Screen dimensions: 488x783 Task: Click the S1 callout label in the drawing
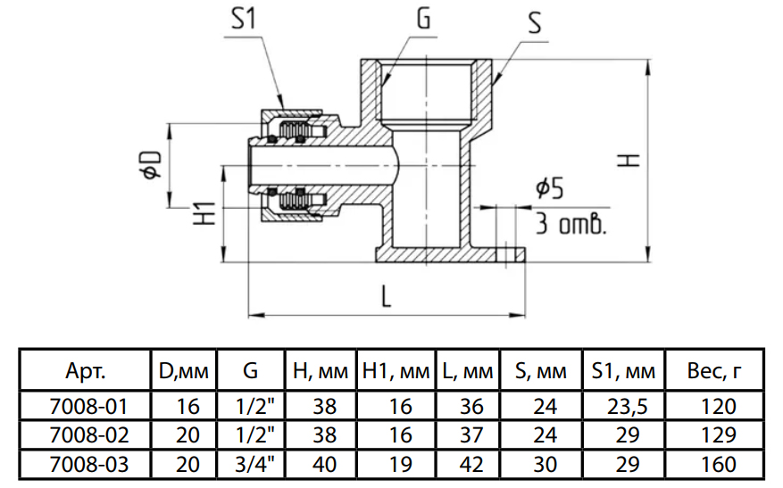(x=244, y=20)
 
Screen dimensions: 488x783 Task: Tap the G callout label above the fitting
(x=422, y=20)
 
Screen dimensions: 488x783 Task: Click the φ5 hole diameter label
(x=549, y=188)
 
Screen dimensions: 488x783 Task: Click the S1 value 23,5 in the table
(x=622, y=407)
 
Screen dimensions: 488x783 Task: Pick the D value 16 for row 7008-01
(x=188, y=407)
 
